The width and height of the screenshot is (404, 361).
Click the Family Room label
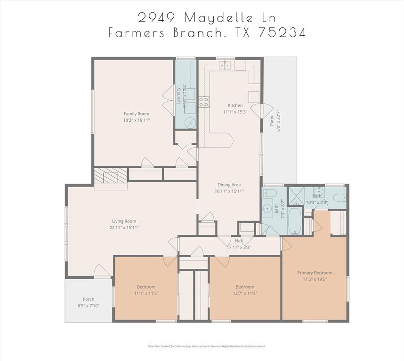pos(137,114)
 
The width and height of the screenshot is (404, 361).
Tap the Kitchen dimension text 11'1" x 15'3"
pos(235,112)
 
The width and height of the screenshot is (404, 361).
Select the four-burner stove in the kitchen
pos(203,102)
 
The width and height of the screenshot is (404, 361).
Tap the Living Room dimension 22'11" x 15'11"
pos(124,228)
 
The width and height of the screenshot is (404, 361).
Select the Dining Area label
pos(229,185)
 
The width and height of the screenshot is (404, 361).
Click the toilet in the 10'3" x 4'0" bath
pos(340,197)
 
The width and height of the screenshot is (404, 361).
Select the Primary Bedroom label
pos(315,273)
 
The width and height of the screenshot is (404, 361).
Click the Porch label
pos(89,299)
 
